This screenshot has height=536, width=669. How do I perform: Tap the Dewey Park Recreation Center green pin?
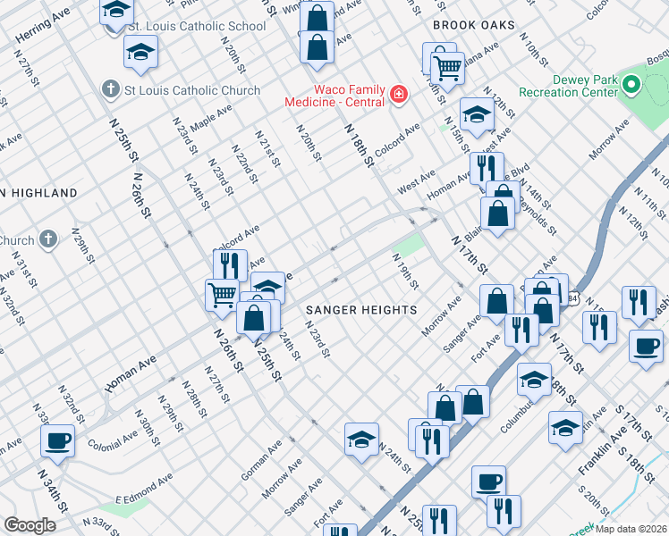tap(632, 87)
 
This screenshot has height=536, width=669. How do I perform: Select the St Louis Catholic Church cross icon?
tap(110, 89)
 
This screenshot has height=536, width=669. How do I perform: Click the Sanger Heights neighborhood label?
tap(361, 309)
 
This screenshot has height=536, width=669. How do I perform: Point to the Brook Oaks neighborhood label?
tap(474, 25)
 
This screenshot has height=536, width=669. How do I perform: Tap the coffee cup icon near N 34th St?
tap(58, 440)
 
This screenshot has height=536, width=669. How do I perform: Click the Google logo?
tap(30, 524)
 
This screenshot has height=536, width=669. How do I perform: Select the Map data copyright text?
tap(629, 529)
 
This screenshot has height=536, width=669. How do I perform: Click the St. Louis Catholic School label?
tap(197, 26)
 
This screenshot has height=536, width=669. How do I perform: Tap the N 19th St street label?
tap(406, 271)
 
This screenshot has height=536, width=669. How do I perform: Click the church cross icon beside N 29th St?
tap(48, 239)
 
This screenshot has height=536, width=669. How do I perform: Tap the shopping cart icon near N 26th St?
tap(221, 294)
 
